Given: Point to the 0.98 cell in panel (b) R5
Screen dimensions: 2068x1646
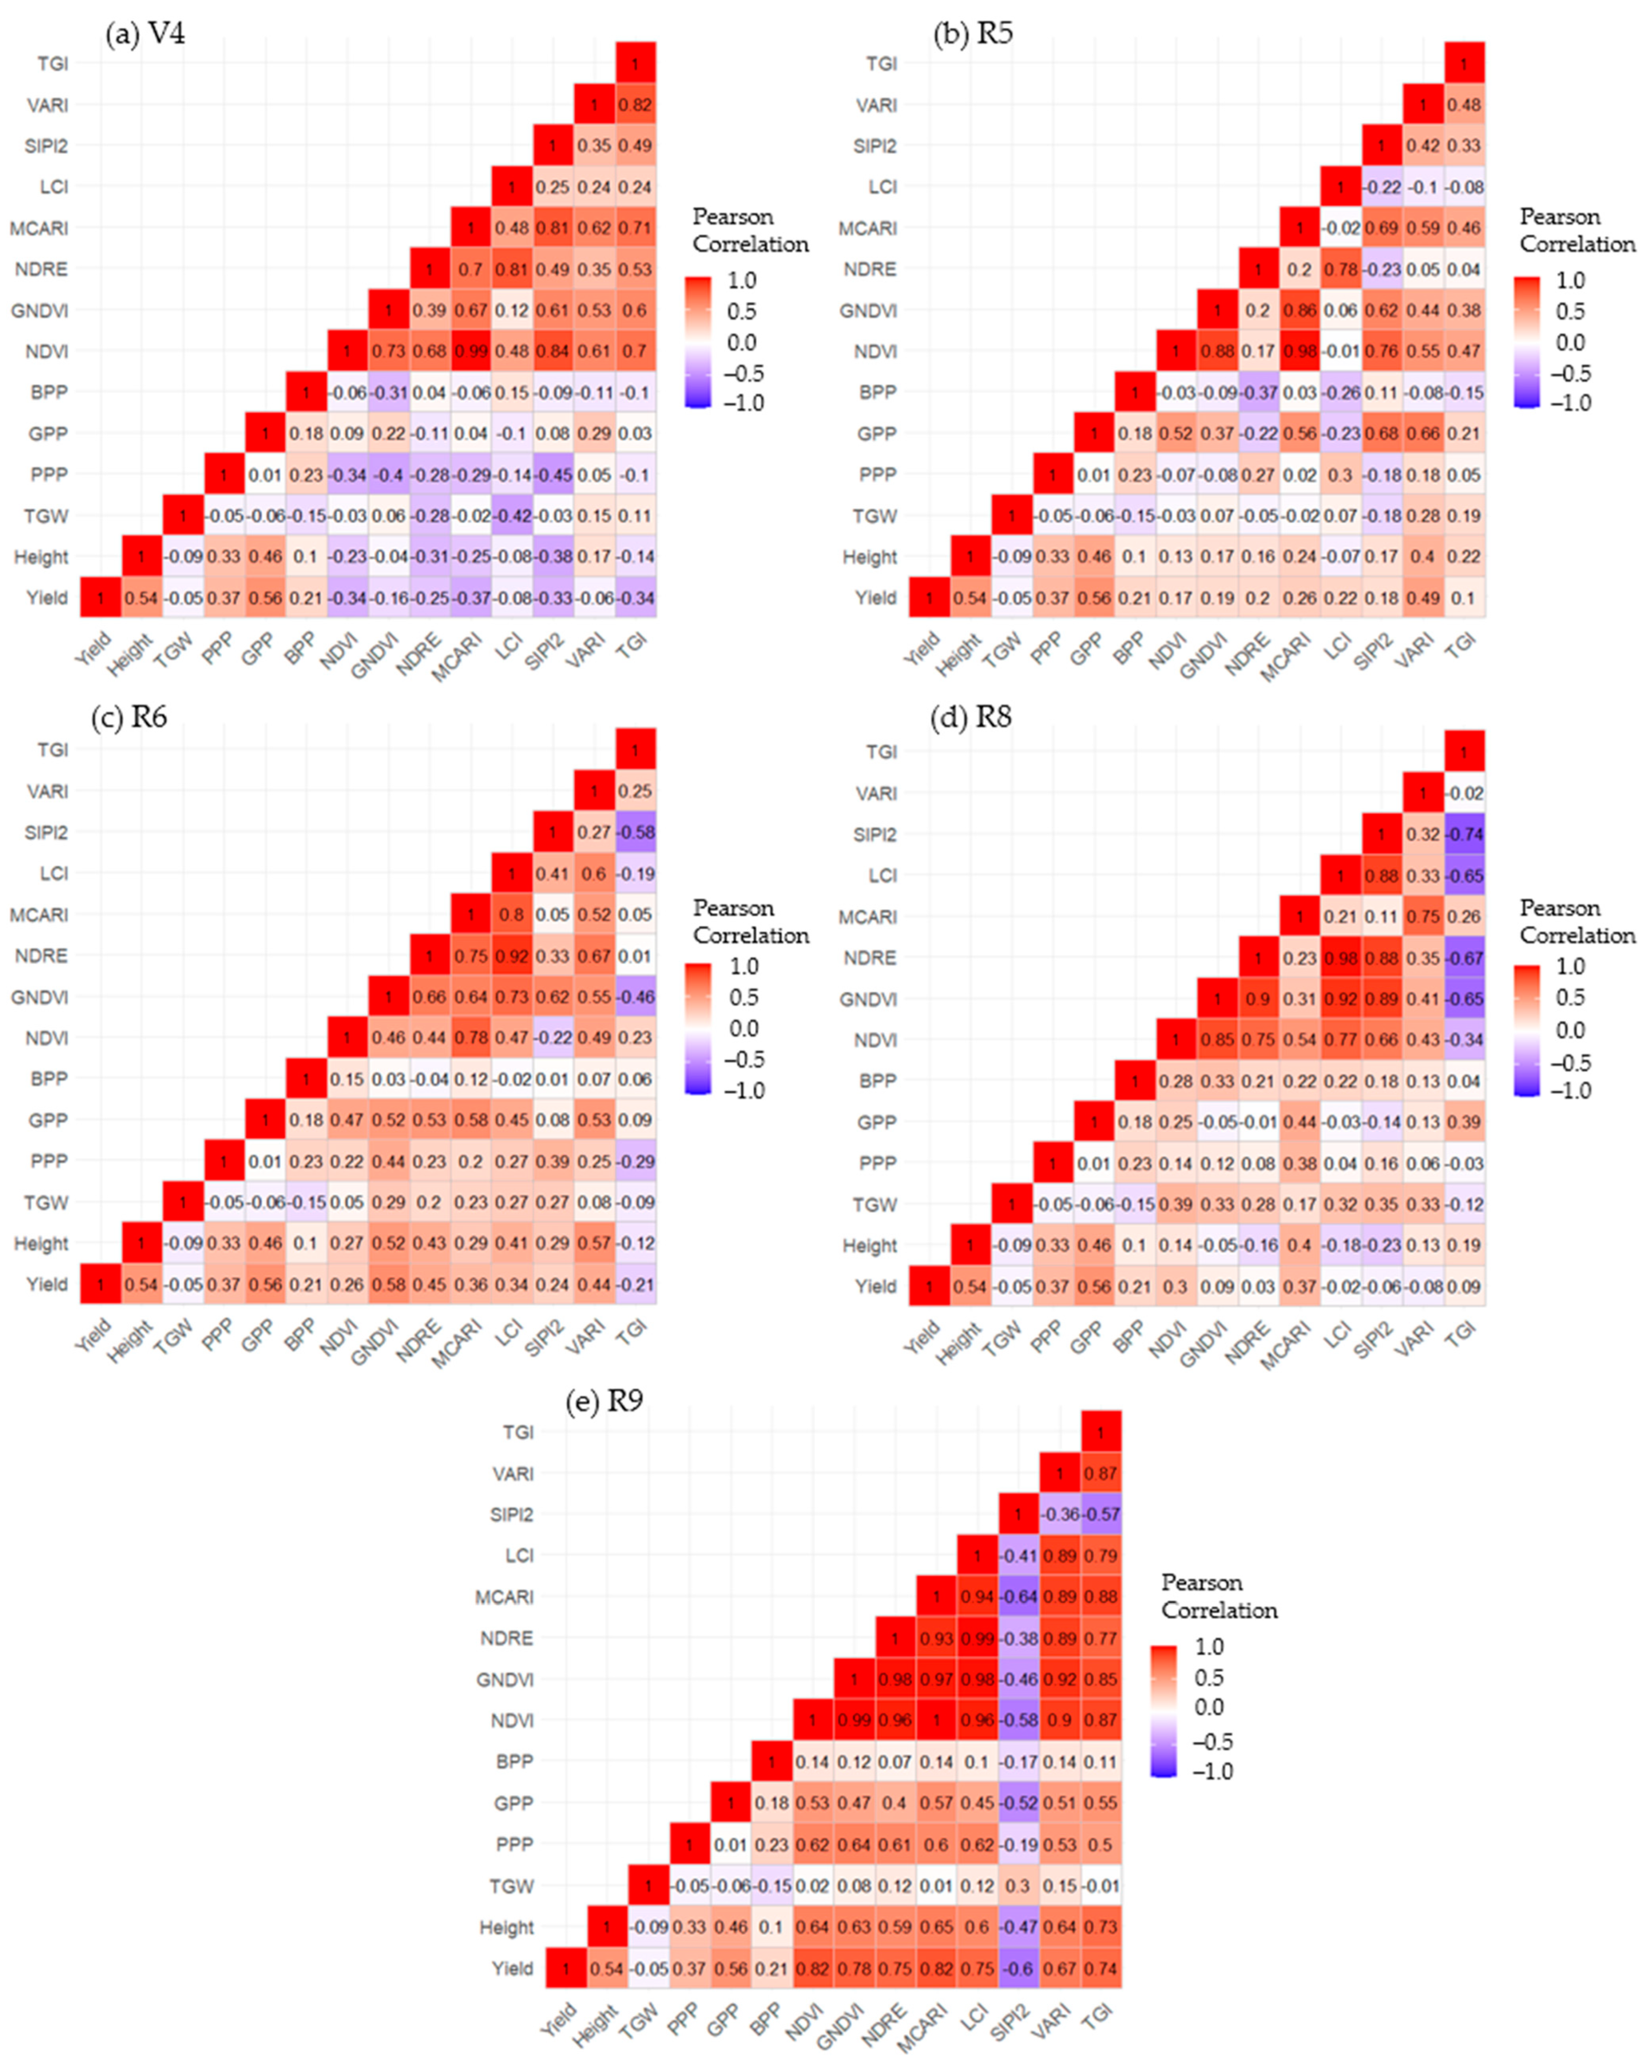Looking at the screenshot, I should coord(1300,351).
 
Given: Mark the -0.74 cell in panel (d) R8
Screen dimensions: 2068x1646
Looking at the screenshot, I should coord(1465,834).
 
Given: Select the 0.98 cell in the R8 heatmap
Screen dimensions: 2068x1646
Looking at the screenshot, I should coord(1341,958).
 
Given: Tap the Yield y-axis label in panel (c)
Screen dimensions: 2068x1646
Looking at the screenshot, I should coord(47,1284).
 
